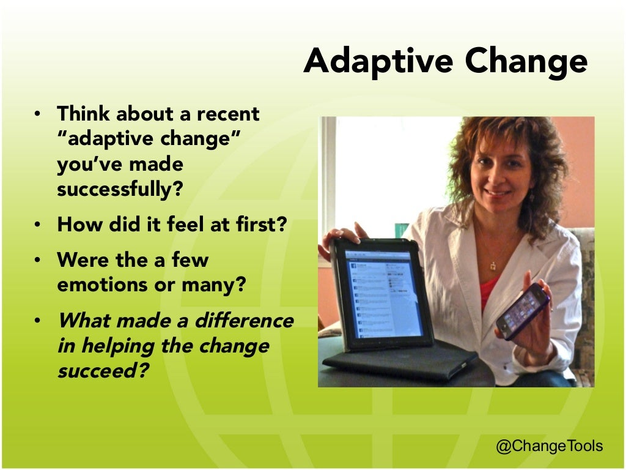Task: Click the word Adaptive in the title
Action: pos(378,62)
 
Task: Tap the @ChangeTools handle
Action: pos(549,446)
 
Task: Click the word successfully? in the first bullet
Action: pos(120,189)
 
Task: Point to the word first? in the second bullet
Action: pos(262,225)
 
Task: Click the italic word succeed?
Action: pos(103,371)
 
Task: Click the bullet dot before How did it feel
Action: pos(37,225)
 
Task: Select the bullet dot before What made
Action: pos(37,321)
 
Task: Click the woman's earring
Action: pos(531,197)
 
